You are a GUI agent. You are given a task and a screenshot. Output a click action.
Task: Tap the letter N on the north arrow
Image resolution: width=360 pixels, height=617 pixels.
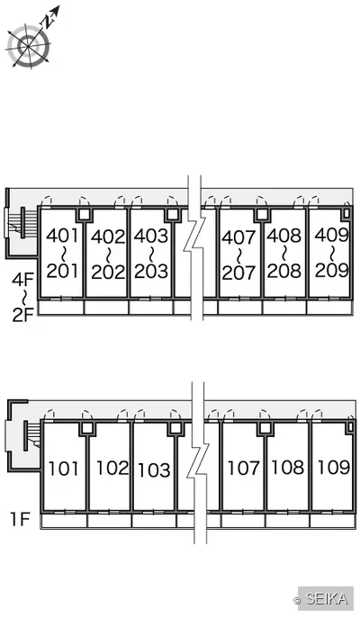pyautogui.click(x=48, y=21)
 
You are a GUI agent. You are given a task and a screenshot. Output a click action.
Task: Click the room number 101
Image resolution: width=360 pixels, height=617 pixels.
pyautogui.click(x=63, y=469)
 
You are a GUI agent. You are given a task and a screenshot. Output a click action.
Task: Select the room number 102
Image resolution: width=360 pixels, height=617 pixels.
pyautogui.click(x=112, y=468)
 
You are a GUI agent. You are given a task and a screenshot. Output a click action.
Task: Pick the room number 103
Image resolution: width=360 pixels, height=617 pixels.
pyautogui.click(x=154, y=469)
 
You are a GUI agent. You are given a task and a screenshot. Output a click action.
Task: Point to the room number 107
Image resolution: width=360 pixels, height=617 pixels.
pyautogui.click(x=243, y=468)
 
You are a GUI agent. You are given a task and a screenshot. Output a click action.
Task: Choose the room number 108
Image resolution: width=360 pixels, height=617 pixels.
pyautogui.click(x=288, y=467)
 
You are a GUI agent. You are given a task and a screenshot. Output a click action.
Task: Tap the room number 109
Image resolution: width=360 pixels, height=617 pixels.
pyautogui.click(x=333, y=467)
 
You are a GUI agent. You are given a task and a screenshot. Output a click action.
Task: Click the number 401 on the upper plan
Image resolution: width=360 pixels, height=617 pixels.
pyautogui.click(x=63, y=236)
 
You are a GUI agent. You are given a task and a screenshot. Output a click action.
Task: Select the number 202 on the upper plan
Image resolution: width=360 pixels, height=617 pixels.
pyautogui.click(x=108, y=272)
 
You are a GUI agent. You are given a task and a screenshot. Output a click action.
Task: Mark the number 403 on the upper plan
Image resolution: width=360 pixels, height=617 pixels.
pyautogui.click(x=151, y=236)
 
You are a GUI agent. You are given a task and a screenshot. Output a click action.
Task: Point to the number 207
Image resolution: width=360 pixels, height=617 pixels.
pyautogui.click(x=238, y=273)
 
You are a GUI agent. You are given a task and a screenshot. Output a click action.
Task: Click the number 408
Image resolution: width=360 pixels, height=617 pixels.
pyautogui.click(x=284, y=236)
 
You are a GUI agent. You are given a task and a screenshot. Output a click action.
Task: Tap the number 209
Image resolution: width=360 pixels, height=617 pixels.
pyautogui.click(x=331, y=271)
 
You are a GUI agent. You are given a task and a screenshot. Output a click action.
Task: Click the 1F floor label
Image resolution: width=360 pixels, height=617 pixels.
pyautogui.click(x=20, y=520)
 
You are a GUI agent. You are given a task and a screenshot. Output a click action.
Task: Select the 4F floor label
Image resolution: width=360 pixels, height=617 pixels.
pyautogui.click(x=22, y=281)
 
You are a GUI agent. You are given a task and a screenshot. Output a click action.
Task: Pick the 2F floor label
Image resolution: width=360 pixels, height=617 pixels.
pyautogui.click(x=22, y=315)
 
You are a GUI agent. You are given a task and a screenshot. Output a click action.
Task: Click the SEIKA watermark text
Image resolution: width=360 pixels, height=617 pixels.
pyautogui.click(x=327, y=599)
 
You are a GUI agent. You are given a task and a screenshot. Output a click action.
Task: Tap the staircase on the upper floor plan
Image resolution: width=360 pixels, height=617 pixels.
pyautogui.click(x=22, y=223)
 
